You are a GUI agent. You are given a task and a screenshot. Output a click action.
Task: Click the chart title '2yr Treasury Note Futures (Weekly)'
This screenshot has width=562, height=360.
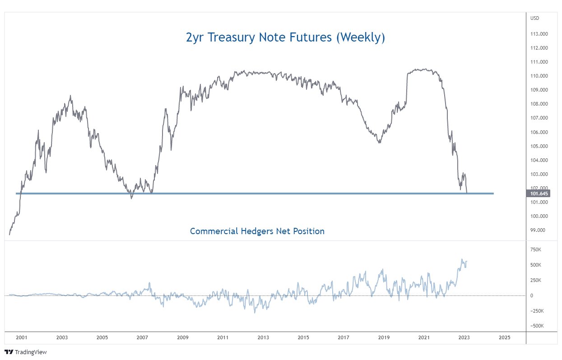coord(285,37)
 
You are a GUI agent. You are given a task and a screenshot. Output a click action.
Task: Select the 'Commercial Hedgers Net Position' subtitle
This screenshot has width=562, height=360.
coord(257,231)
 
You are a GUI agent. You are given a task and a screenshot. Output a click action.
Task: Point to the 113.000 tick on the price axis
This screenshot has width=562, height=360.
coord(539,34)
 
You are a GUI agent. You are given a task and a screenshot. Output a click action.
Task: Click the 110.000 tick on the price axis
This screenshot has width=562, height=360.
coord(539,76)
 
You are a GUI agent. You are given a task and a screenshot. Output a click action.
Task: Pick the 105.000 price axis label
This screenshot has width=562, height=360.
coord(539,146)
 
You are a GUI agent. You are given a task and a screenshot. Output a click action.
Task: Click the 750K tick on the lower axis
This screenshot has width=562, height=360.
coord(536,249)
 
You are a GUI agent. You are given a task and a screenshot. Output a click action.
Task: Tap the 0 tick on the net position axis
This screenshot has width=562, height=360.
coord(531,295)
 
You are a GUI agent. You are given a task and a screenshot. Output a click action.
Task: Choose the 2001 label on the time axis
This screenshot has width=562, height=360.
coord(22,337)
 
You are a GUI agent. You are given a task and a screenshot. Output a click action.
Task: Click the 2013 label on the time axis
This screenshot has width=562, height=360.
coord(263,337)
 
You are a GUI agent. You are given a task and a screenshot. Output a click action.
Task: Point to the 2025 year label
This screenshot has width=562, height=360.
coord(505,337)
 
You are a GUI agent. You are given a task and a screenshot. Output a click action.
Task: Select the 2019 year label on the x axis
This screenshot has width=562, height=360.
coord(384,337)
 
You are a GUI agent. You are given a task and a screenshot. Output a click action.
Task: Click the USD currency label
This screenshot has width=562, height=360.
coord(535,18)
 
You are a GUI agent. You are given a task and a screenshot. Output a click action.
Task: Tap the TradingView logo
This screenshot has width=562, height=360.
coord(26,352)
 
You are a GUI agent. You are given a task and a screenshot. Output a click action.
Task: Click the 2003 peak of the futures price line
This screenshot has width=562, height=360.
coord(70,96)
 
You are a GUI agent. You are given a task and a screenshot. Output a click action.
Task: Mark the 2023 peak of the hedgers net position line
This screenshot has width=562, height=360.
coord(462,259)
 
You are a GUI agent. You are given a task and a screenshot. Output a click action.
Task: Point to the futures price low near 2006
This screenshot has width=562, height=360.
coord(131,198)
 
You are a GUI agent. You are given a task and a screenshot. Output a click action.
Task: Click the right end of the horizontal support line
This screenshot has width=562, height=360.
coord(493,194)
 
